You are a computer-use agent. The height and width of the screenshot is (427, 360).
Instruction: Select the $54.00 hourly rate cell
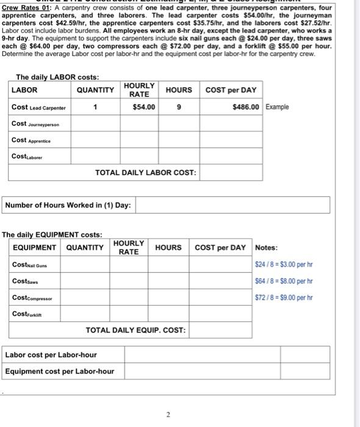coord(144,107)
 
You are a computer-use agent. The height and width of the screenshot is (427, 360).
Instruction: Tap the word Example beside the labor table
coord(277,107)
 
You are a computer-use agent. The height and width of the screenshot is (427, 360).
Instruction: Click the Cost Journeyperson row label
coord(35,124)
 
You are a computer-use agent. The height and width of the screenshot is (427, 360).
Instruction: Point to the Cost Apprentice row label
coord(31,140)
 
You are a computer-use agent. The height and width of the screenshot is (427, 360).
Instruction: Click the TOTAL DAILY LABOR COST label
coord(146,173)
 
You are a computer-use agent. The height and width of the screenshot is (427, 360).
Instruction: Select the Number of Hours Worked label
coord(68,205)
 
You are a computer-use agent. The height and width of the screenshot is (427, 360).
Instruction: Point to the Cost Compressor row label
coord(32,297)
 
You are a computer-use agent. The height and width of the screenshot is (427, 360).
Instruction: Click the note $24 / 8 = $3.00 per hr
coord(284,265)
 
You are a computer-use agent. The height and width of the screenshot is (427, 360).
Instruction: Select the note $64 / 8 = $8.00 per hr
coord(284,281)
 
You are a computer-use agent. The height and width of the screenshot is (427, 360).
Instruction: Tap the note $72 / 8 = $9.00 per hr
coord(284,298)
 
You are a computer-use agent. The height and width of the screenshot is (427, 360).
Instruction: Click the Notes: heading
coord(266,248)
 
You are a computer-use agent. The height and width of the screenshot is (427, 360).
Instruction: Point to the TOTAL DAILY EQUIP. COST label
coord(135,330)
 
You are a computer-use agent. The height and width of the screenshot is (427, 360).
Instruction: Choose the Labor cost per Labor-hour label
coord(51,355)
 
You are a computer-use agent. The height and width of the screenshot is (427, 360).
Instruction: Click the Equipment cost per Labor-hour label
coord(59,371)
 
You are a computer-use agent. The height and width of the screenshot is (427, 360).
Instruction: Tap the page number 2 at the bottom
coord(168,415)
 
